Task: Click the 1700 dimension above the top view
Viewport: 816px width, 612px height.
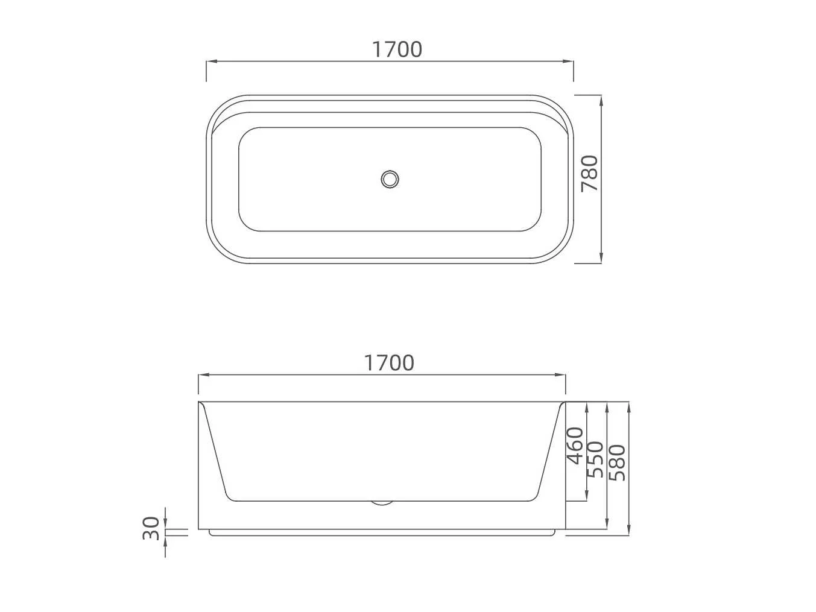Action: click(x=397, y=49)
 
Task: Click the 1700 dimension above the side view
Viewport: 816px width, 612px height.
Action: click(x=389, y=362)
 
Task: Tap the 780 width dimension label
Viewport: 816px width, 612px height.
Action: click(x=589, y=174)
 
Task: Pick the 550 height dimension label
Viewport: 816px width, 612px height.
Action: click(x=595, y=459)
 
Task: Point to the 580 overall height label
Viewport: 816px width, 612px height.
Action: click(x=617, y=463)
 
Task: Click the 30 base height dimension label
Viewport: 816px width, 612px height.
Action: click(x=151, y=528)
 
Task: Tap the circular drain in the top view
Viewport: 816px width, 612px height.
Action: click(x=390, y=179)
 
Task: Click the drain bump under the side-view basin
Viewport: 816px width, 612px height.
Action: click(x=382, y=503)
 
